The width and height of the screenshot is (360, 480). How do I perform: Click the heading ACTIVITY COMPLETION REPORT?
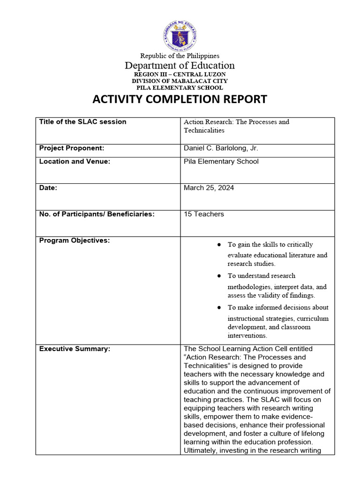[180, 99]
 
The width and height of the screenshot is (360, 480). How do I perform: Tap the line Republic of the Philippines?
[180, 56]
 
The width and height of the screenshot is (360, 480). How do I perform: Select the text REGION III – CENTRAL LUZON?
[180, 75]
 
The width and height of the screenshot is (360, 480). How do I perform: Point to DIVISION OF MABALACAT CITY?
[180, 81]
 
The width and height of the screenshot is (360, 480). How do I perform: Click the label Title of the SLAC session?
[82, 122]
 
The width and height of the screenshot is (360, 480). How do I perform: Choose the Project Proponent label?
[71, 148]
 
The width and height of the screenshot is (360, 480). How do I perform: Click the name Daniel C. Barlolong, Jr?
[221, 148]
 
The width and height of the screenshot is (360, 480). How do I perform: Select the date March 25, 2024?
[209, 187]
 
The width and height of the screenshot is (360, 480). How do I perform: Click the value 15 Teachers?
[204, 214]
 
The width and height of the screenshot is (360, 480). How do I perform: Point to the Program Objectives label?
[74, 240]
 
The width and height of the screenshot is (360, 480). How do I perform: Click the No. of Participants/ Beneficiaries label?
[97, 214]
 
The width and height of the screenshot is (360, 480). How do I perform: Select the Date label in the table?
[48, 187]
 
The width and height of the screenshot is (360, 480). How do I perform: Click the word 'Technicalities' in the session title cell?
[204, 130]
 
